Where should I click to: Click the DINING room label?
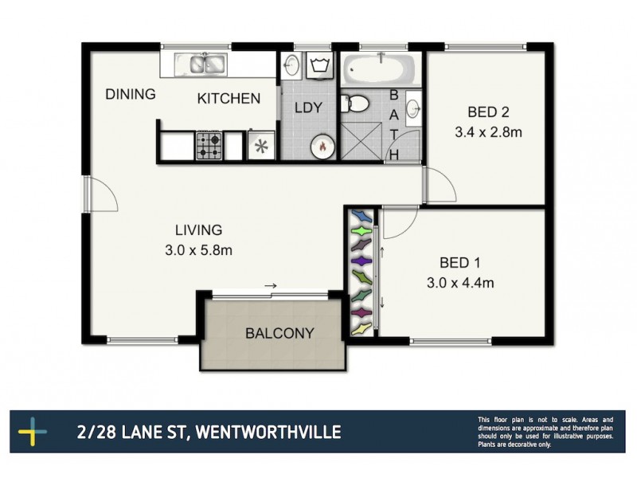tap(131, 95)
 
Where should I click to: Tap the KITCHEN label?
tap(229, 99)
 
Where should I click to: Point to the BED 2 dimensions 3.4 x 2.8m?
tap(488, 132)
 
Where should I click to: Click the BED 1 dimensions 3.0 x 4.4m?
tap(467, 282)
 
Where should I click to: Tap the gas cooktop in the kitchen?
tap(209, 146)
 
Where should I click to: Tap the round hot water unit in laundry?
tap(322, 146)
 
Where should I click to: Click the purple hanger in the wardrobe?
tap(362, 261)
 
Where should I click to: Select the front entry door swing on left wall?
tap(104, 195)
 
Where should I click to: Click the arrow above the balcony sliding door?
tap(271, 285)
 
